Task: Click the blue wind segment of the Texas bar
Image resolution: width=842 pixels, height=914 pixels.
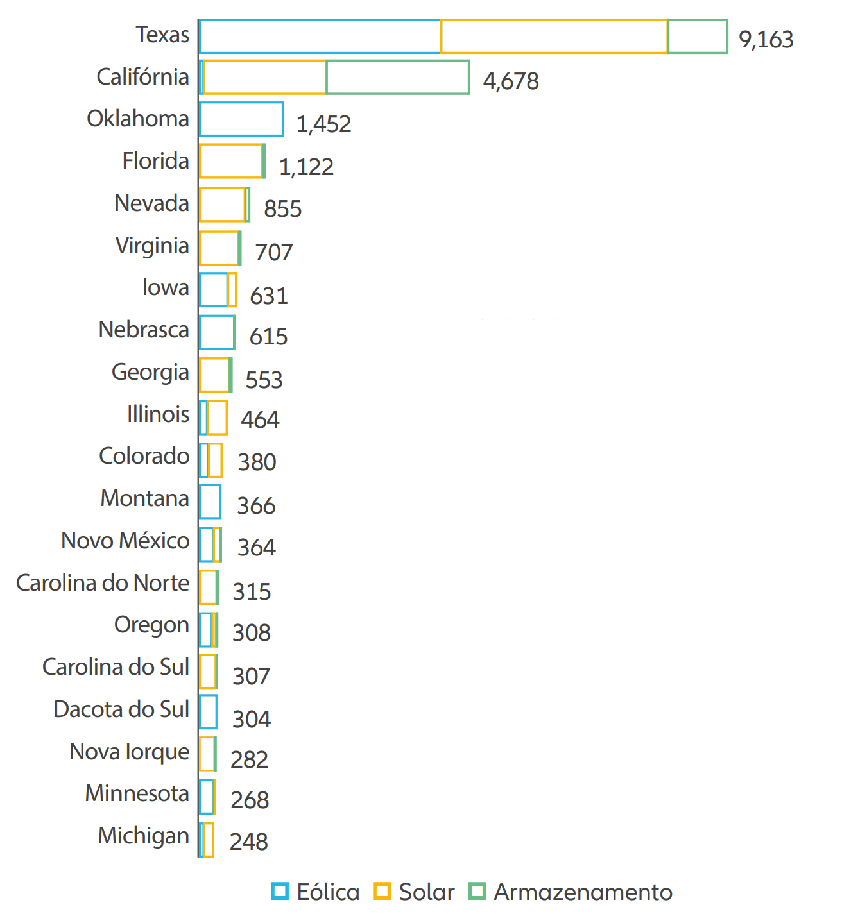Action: tap(320, 37)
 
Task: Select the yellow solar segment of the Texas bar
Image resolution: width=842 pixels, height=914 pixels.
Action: tap(554, 37)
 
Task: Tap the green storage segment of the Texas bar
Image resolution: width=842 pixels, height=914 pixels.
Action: tap(698, 37)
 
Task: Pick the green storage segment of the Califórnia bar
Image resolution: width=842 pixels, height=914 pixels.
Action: tap(397, 78)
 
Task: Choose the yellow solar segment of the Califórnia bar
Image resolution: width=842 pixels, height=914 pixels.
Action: tap(264, 78)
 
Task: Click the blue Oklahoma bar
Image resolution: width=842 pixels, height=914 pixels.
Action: tap(241, 119)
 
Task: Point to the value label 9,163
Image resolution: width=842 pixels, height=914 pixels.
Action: tap(766, 40)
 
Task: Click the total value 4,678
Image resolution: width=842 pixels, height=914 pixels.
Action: tap(511, 81)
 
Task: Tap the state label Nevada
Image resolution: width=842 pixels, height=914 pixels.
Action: tap(151, 203)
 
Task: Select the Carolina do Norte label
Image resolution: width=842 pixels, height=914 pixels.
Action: tap(103, 583)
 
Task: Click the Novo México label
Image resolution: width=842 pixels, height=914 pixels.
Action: tap(125, 541)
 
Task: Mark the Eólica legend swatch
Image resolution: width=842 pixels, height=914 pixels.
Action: tap(280, 891)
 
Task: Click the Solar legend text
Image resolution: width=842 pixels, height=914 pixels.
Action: tap(426, 892)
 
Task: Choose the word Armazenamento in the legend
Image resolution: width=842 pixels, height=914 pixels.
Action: tap(583, 892)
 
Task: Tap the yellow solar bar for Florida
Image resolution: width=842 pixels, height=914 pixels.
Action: tap(230, 161)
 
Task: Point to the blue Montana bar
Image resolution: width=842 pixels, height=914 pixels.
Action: tap(210, 502)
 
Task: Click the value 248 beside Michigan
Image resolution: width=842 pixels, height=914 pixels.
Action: tap(248, 842)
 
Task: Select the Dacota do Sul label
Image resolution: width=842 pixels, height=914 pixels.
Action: tap(121, 709)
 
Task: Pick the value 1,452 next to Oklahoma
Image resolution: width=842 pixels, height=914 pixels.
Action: tap(323, 124)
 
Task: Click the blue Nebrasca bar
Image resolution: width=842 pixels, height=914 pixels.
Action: tap(217, 332)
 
